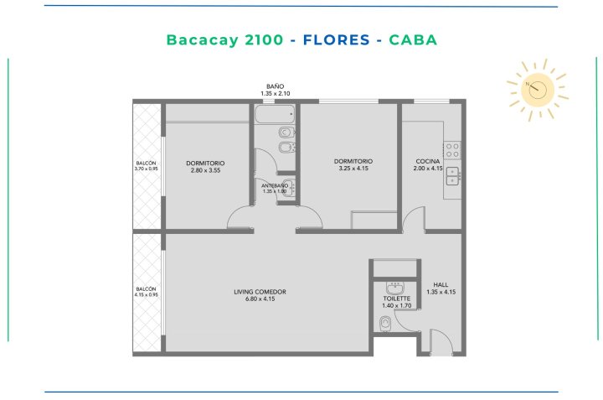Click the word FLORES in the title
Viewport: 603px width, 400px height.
coord(336,39)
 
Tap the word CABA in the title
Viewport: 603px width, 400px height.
coord(413,39)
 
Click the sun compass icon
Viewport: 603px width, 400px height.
coord(537,90)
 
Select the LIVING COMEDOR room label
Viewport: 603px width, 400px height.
coord(260,292)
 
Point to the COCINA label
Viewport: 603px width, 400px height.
coord(428,161)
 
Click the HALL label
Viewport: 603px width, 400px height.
coord(441,285)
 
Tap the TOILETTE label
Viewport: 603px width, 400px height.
coord(396,299)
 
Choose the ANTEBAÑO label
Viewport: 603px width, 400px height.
coord(275,186)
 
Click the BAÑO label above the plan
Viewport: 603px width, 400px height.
coord(276,86)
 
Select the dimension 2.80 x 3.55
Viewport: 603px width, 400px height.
coord(205,170)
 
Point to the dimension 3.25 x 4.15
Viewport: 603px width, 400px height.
coord(353,169)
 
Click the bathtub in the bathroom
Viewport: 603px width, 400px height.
coord(275,114)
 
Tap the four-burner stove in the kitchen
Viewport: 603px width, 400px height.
coord(452,150)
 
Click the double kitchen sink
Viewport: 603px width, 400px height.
coord(453,176)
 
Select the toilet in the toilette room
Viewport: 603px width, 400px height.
coord(385,325)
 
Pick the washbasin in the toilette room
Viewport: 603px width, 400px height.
coord(394,288)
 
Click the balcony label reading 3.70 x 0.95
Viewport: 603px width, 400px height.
coord(146,166)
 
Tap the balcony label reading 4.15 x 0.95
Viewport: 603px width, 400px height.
coord(146,292)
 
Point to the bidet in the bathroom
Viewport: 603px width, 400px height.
coord(286,148)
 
